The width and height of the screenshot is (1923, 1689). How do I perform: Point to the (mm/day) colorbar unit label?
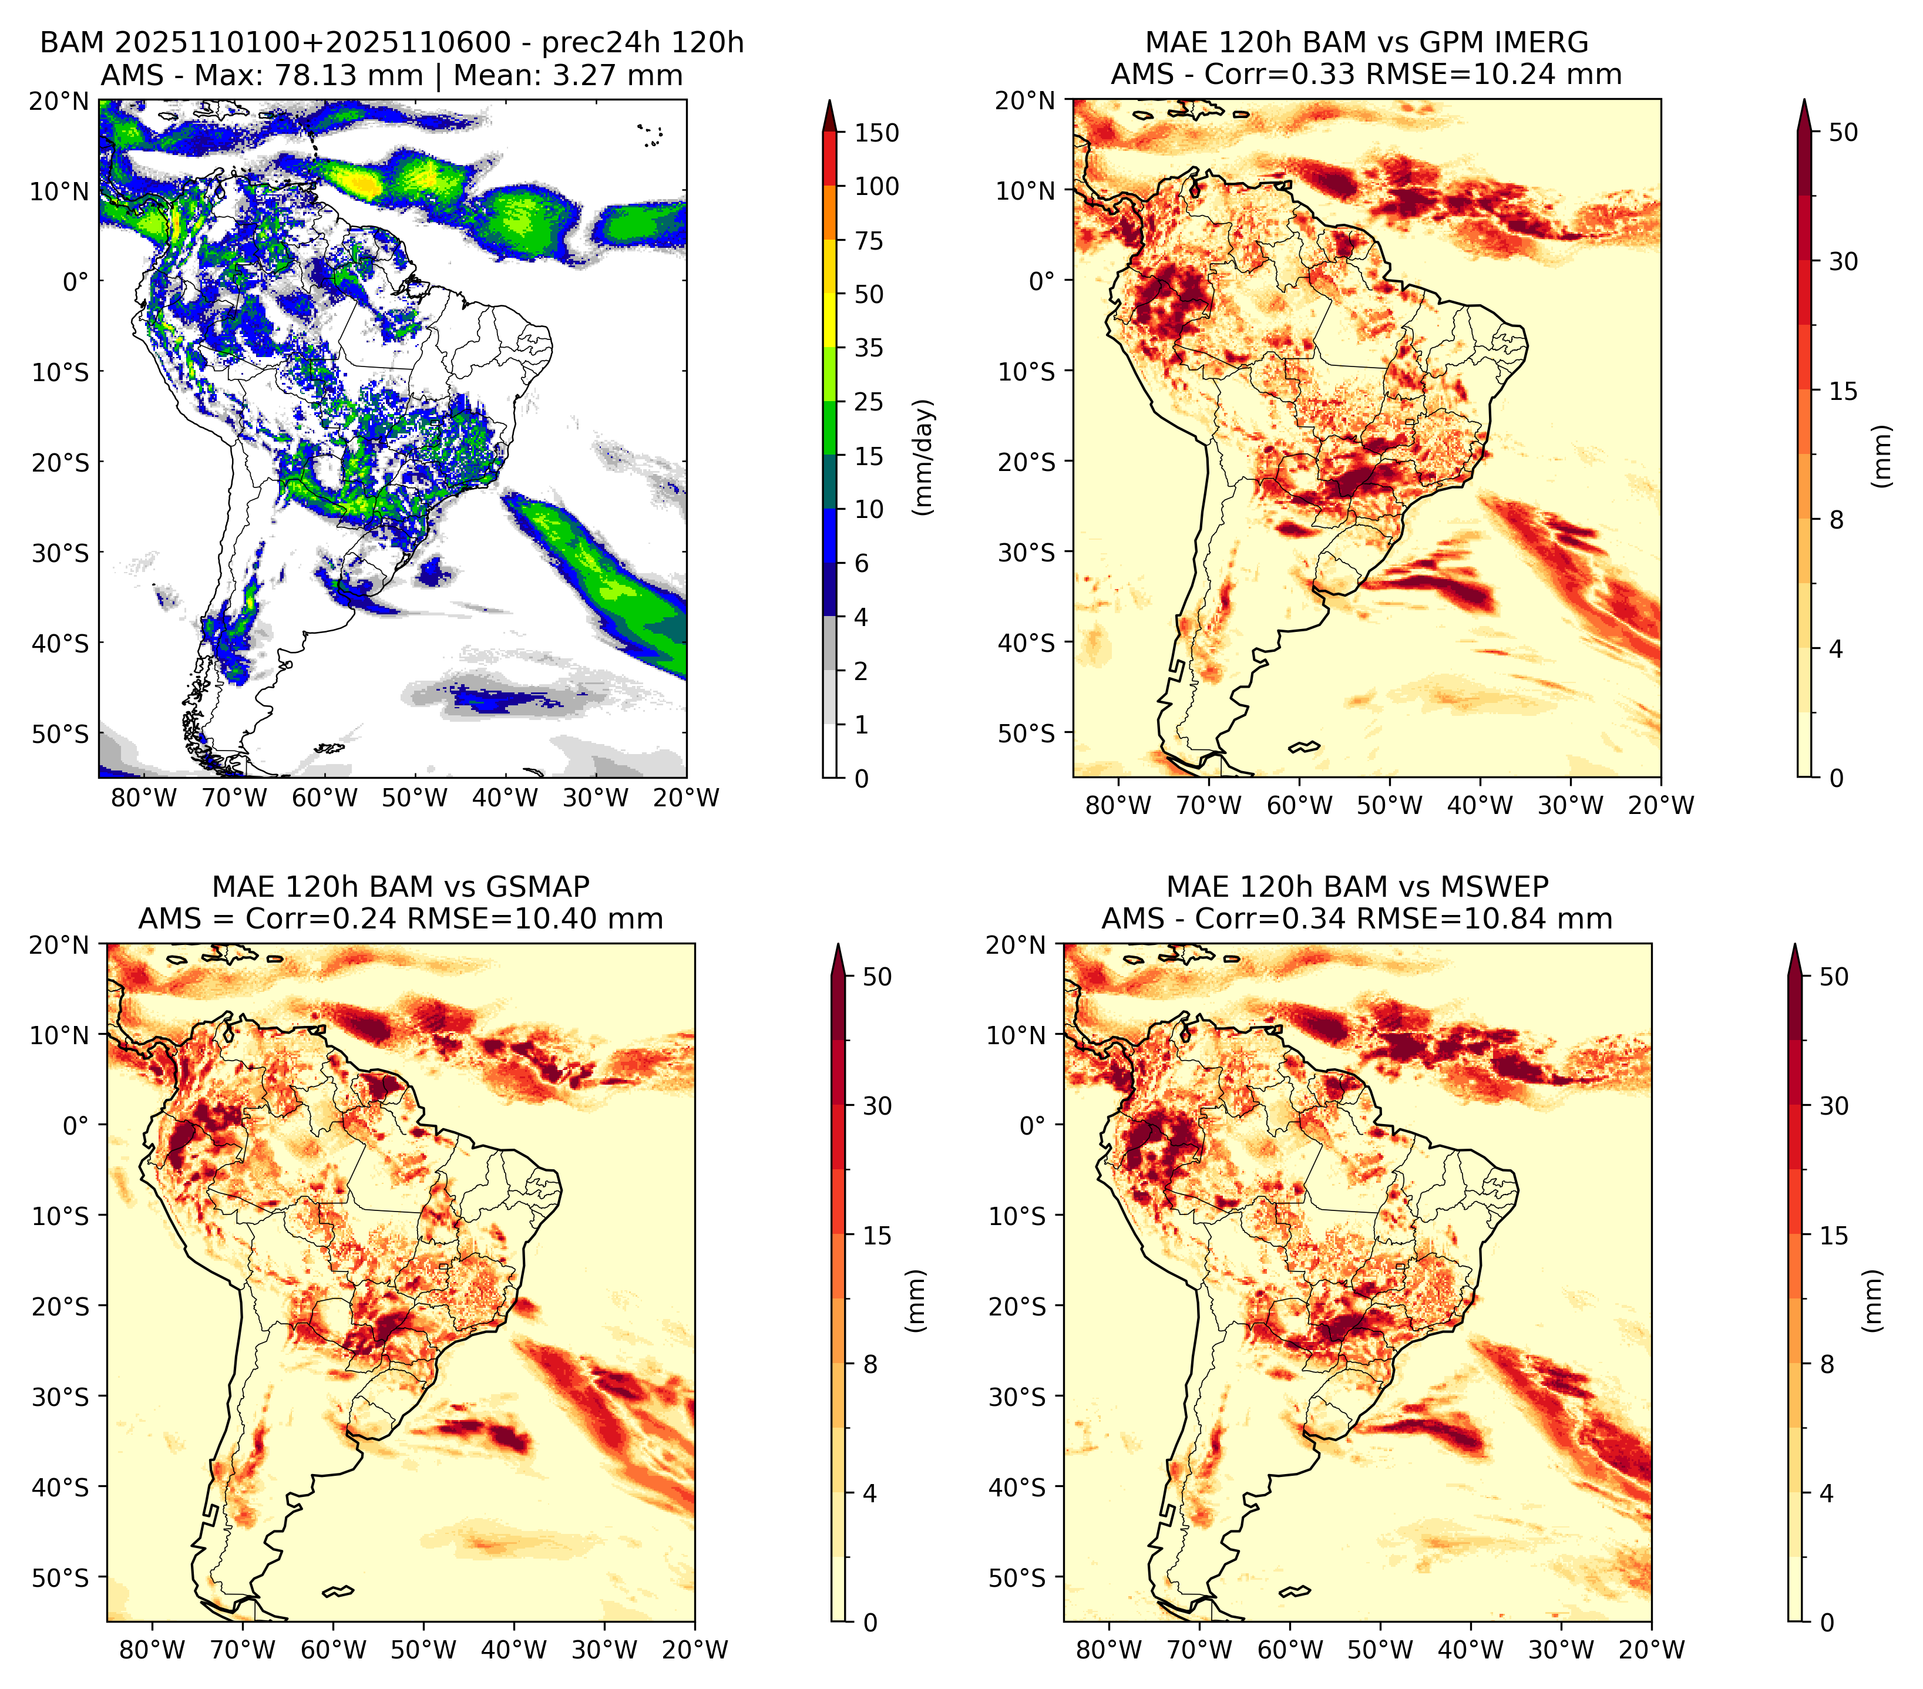click(925, 457)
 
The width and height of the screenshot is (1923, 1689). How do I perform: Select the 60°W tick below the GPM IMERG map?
click(1299, 805)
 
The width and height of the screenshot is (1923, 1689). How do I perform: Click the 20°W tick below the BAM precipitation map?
click(686, 799)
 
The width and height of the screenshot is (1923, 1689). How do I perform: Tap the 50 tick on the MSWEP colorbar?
click(1834, 977)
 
